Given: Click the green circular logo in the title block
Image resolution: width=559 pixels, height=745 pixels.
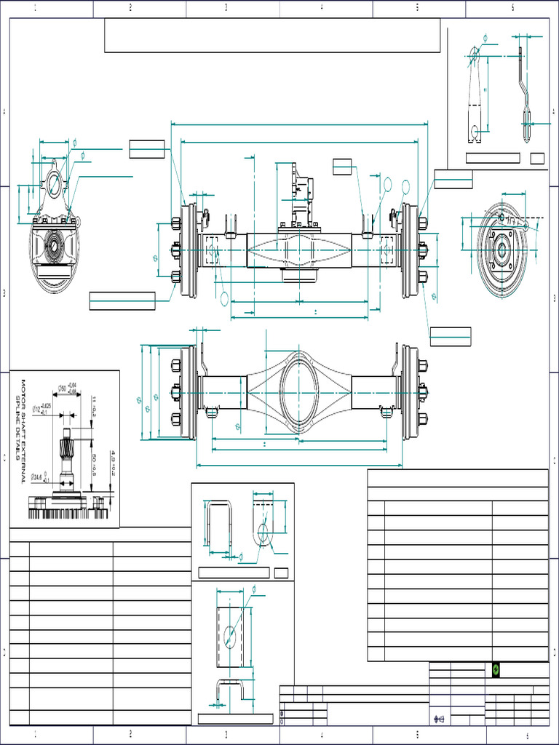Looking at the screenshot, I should (x=496, y=670).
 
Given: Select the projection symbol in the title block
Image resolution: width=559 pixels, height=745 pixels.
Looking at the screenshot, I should (x=439, y=718).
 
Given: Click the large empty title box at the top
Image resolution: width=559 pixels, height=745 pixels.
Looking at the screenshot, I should (x=272, y=36).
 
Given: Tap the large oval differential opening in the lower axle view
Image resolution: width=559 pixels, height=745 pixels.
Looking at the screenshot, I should (x=299, y=391).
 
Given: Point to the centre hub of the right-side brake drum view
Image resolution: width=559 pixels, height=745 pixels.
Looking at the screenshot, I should (x=501, y=250).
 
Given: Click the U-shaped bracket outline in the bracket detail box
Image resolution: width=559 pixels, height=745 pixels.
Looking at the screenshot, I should (x=218, y=524).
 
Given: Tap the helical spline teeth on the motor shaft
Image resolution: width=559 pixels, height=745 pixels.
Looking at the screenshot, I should (x=66, y=441).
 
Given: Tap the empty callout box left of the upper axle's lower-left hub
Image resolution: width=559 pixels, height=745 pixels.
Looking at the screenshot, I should (x=122, y=300).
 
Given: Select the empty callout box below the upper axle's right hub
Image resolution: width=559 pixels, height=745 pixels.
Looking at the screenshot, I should (x=450, y=336).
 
